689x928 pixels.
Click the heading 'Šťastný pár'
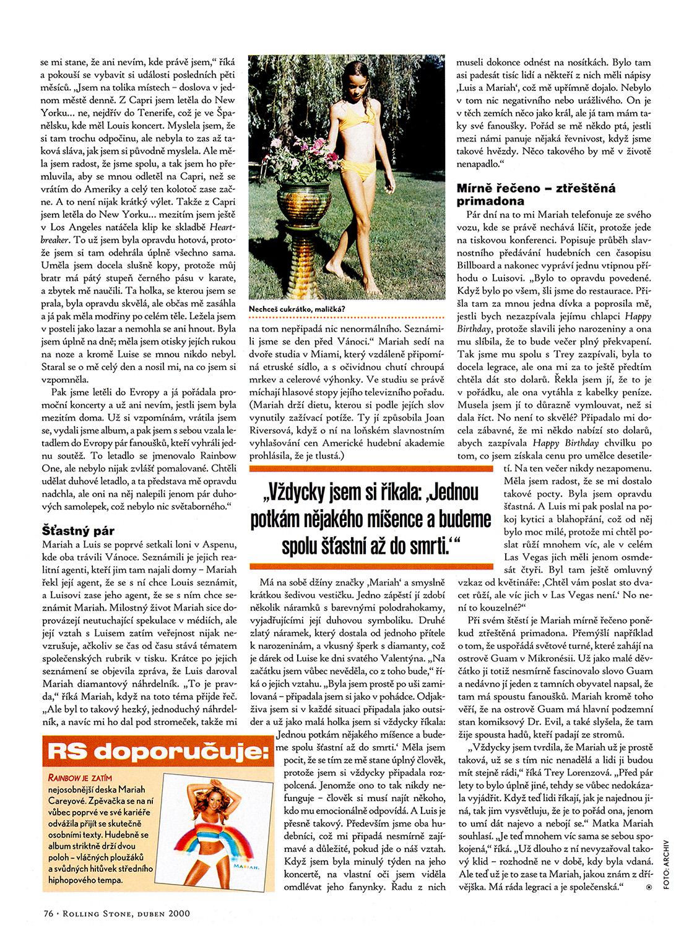coord(78,530)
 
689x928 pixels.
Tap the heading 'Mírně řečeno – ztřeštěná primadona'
coord(536,194)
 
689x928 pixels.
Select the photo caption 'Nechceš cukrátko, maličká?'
coord(297,309)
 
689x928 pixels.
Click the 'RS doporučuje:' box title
coord(158,752)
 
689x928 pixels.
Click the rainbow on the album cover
coord(219,842)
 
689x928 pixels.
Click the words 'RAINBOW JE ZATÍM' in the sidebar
coord(80,778)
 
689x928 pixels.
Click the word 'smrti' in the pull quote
coord(428,546)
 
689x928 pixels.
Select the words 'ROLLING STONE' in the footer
coord(93,913)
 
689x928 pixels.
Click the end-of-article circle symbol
coord(649,887)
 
